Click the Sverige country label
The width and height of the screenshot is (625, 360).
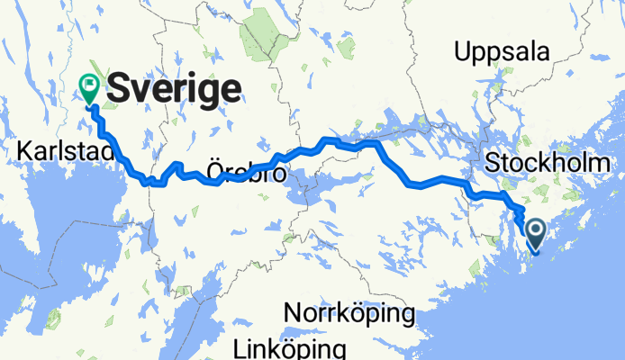click(174, 89)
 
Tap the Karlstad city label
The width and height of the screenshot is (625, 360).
click(63, 153)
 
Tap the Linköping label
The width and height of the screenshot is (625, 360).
click(289, 348)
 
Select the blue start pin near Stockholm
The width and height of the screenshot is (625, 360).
click(535, 234)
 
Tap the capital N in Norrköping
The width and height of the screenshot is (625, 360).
click(293, 314)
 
